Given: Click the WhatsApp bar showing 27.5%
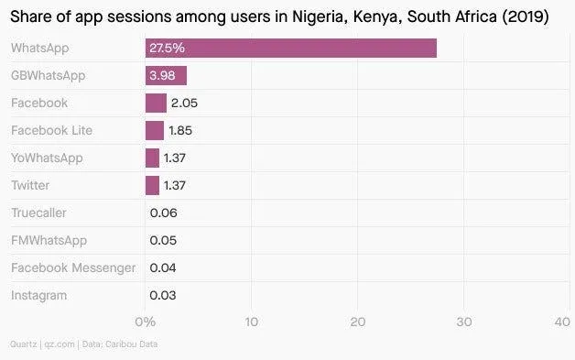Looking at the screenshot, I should (290, 49).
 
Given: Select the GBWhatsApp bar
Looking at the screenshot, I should (166, 75).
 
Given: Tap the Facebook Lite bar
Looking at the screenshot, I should (154, 130).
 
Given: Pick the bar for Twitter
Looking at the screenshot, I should (152, 185).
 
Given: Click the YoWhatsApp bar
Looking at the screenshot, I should (152, 158).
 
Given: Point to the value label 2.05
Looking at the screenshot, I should (184, 103).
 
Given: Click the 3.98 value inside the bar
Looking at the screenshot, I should (162, 75).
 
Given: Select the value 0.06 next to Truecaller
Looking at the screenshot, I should (163, 213).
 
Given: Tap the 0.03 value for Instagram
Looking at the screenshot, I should (163, 295).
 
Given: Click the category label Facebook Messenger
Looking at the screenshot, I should (73, 267).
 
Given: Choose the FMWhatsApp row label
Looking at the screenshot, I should (49, 240).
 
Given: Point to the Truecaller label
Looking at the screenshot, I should (38, 213).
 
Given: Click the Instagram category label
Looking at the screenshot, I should (38, 295).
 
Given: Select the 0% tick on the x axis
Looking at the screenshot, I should (145, 322).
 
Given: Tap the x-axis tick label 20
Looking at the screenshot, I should (357, 322).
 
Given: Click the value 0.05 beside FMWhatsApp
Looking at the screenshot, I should (163, 240).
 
